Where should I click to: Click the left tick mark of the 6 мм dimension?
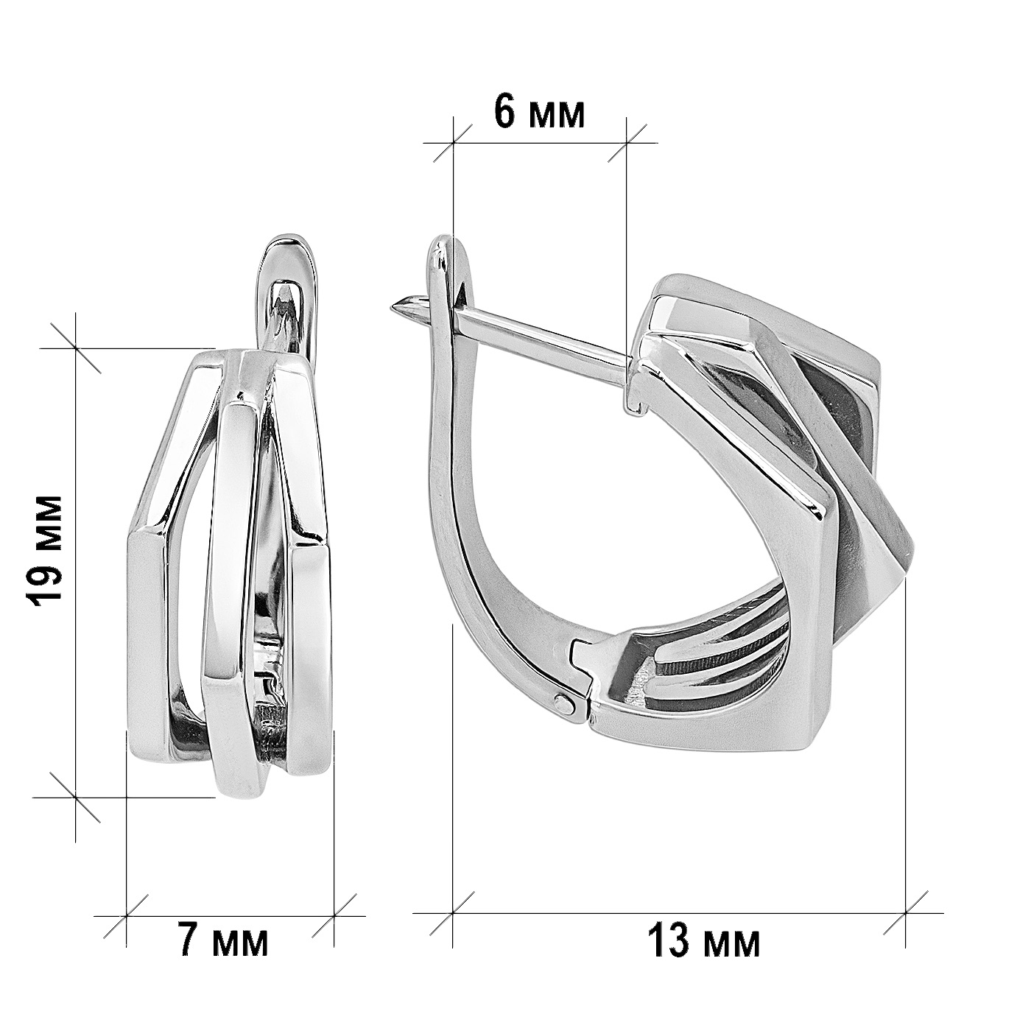click(453, 143)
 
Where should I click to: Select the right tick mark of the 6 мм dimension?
click(627, 143)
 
